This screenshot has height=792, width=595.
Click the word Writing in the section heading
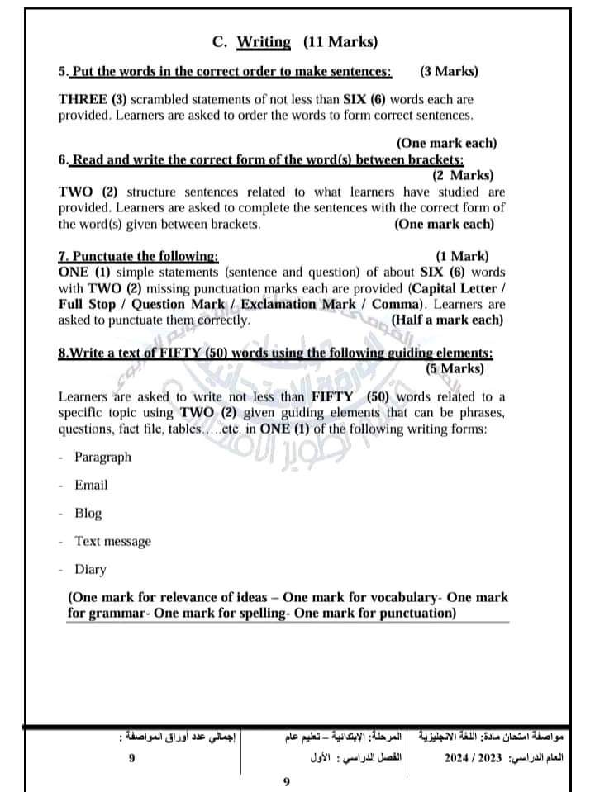click(264, 41)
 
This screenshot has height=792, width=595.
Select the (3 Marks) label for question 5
click(449, 71)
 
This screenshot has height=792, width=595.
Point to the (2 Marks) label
click(463, 174)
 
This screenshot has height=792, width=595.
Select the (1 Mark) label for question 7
click(462, 256)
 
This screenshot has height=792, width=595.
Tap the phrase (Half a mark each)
click(447, 320)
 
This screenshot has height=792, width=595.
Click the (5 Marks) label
click(460, 368)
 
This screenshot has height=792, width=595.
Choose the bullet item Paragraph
click(102, 457)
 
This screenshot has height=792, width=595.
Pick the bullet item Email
click(91, 485)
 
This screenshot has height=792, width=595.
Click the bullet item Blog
click(88, 513)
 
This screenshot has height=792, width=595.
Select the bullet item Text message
click(113, 541)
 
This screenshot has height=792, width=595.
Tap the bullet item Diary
click(90, 569)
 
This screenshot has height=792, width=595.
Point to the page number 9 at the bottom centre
click(286, 780)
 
